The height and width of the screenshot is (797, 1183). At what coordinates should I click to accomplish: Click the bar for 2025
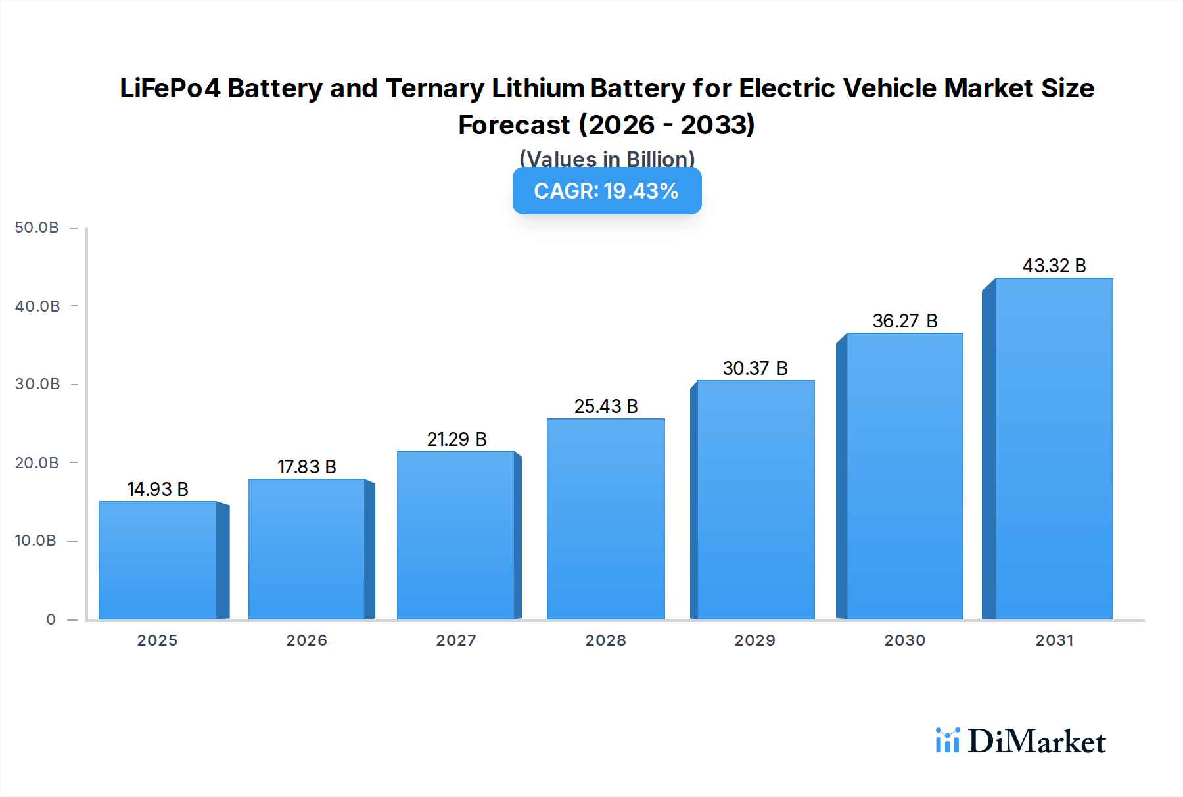pos(158,560)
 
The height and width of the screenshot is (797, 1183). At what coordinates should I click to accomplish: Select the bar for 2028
pos(605,519)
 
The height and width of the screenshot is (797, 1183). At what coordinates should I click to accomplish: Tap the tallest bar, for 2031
pos(1054,448)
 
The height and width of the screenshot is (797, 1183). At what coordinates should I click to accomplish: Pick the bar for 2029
pos(755,500)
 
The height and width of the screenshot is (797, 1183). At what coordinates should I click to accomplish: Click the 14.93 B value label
pos(158,489)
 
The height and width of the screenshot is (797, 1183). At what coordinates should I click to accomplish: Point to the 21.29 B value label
pos(457,439)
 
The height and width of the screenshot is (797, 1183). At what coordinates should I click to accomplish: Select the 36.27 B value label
pos(904,321)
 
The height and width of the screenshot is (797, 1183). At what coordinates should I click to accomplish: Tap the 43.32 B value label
pos(1054,266)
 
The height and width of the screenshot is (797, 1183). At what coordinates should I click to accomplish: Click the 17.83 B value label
pos(307,467)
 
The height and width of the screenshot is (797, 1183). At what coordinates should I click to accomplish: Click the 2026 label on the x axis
pos(307,640)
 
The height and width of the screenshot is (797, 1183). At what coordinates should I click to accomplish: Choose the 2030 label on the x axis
pos(904,640)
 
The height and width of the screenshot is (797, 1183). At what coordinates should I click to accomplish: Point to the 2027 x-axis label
pos(456,640)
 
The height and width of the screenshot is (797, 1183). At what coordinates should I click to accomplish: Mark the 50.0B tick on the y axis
pos(37,228)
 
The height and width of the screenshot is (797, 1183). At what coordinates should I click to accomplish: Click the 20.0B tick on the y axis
pos(37,463)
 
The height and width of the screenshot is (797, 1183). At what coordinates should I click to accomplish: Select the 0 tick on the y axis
pos(51,619)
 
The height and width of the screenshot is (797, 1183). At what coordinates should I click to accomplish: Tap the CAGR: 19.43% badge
pos(607,191)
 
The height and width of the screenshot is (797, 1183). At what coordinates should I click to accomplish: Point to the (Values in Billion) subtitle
pos(607,158)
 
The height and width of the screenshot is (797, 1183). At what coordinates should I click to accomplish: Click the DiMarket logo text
pos(1036,742)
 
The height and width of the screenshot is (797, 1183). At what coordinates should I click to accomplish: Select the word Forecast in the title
pos(514,125)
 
